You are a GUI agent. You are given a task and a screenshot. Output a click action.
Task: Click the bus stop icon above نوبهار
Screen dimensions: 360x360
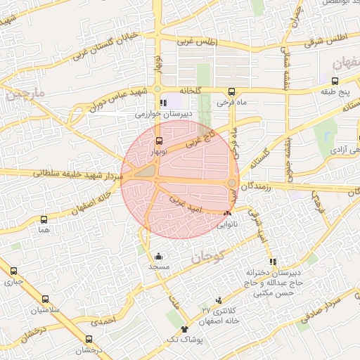[x=158, y=141]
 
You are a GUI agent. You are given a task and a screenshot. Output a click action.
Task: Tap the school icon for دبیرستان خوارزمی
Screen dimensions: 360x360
[x=164, y=103]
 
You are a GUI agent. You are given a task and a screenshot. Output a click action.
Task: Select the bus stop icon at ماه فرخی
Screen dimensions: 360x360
[x=231, y=91]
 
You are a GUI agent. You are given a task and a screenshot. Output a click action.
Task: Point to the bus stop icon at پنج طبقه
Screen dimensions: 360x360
[x=334, y=81]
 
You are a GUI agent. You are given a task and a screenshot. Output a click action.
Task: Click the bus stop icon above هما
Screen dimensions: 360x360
[x=45, y=219]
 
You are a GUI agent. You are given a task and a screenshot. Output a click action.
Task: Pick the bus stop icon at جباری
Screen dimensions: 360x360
[x=13, y=271]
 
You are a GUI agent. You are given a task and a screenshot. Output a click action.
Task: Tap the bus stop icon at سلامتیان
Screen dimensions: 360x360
[x=46, y=299]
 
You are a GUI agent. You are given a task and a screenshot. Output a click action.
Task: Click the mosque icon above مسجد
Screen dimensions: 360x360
[x=159, y=257]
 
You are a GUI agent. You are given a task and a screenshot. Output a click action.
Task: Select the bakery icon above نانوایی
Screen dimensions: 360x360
[x=226, y=214]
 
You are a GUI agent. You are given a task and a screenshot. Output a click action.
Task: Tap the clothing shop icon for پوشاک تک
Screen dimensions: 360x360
[x=185, y=328]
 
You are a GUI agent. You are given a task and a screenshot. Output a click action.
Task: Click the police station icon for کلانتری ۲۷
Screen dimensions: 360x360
[x=219, y=300]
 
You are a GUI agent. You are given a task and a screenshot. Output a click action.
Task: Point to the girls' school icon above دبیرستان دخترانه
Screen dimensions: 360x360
[x=273, y=262]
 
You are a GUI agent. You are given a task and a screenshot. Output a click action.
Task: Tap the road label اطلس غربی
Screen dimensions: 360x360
[x=198, y=43]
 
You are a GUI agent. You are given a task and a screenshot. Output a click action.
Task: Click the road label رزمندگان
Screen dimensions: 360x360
[x=257, y=185]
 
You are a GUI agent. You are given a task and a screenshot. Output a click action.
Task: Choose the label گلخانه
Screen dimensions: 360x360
[x=190, y=91]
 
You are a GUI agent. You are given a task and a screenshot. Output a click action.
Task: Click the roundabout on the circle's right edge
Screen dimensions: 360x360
[x=232, y=183]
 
